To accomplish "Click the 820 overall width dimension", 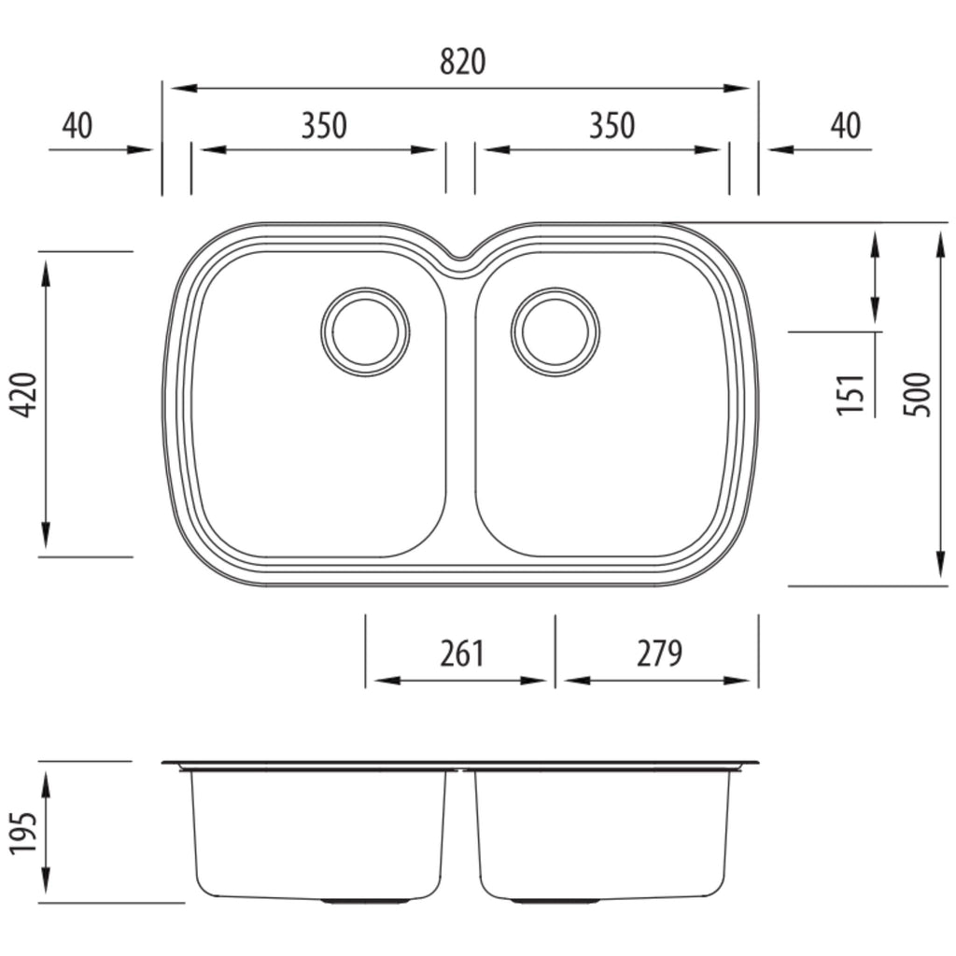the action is [x=462, y=62].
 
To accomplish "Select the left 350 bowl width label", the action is [x=324, y=125].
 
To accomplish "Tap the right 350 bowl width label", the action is [x=612, y=125].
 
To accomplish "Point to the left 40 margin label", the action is [x=77, y=125].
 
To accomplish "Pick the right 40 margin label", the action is [x=846, y=125].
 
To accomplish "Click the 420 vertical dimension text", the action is [x=25, y=395].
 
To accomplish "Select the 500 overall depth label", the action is [x=918, y=395].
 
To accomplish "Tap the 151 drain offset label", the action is [x=851, y=395].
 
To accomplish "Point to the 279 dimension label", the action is [x=659, y=653].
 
